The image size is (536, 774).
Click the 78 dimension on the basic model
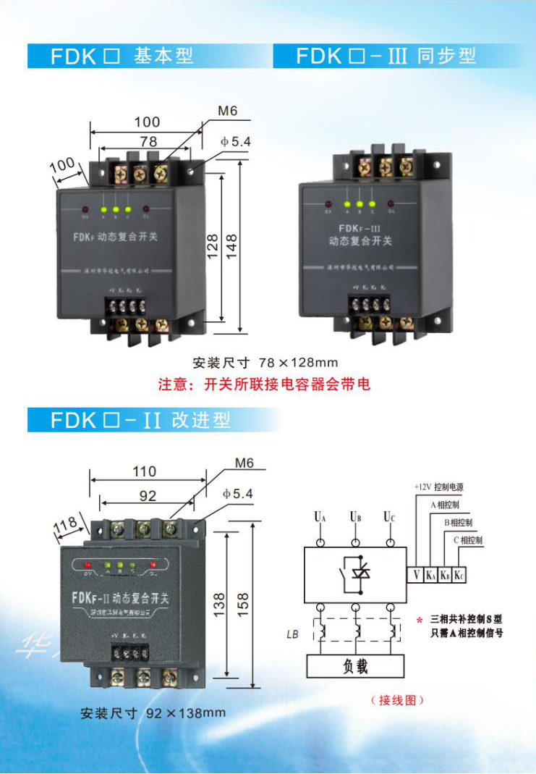pyautogui.click(x=148, y=141)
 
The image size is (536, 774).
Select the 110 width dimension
pyautogui.click(x=144, y=471)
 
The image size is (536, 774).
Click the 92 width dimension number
pyautogui.click(x=147, y=497)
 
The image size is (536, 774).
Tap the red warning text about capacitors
pyautogui.click(x=265, y=384)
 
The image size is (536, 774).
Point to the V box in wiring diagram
pyautogui.click(x=417, y=576)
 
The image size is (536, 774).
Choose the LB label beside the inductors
pyautogui.click(x=292, y=634)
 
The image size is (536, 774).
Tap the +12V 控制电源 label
pyautogui.click(x=442, y=487)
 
